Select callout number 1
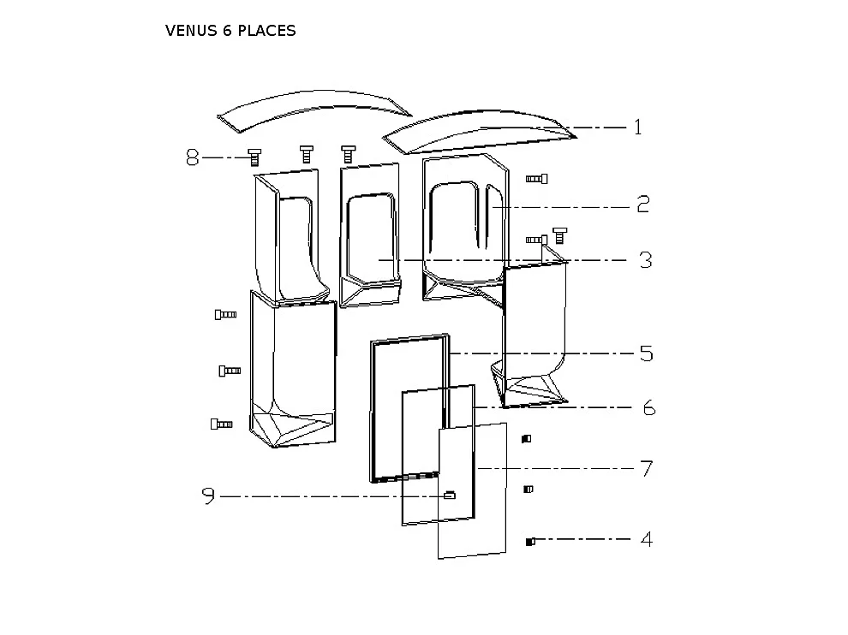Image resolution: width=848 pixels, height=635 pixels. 637,128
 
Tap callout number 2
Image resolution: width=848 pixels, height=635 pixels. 642,205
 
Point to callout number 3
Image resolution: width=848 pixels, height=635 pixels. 645,260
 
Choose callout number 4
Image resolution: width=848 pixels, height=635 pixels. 647,540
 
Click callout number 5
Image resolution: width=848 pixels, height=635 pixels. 647,353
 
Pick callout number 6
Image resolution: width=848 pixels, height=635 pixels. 648,408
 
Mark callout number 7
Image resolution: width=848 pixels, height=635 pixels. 647,469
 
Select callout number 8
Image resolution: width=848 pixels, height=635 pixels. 193,157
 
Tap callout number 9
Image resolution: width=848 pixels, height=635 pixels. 207,496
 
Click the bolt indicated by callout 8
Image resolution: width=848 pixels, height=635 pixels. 254,156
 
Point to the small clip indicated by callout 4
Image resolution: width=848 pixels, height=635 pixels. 530,541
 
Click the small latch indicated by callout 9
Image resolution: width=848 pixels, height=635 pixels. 449,495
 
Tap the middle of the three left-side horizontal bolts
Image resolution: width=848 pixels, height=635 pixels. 230,371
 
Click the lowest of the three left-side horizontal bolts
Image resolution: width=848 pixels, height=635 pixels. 221,424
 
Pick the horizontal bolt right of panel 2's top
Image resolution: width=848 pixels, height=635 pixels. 536,178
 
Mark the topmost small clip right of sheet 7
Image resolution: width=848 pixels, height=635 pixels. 527,439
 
